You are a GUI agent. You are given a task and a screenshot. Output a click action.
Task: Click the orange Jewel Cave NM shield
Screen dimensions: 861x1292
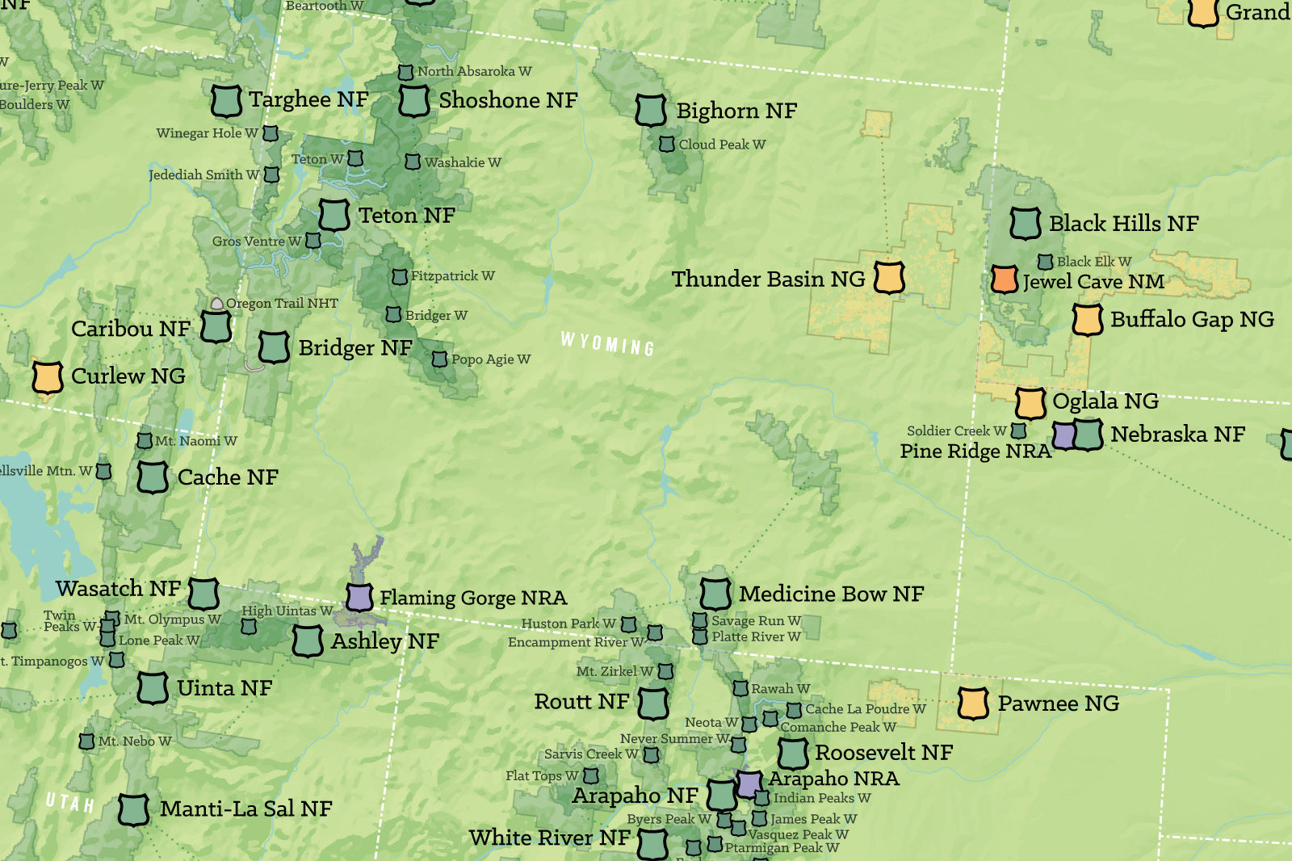[1004, 279]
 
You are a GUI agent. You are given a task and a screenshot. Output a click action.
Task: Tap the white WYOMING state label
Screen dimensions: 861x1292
[607, 343]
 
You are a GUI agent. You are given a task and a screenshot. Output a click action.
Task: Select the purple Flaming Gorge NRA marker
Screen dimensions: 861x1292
[359, 597]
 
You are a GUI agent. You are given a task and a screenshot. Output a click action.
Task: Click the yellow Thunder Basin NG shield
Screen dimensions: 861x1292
[889, 277]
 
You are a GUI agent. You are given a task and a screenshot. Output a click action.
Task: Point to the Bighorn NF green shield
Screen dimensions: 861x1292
[651, 111]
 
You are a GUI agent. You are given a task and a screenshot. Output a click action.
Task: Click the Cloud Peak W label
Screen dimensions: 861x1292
[722, 145]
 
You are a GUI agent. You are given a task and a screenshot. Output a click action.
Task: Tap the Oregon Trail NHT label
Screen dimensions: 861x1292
[282, 304]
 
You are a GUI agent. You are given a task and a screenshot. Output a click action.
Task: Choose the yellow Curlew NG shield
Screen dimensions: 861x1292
[48, 377]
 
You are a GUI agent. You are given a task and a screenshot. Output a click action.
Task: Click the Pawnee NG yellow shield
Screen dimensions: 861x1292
[973, 703]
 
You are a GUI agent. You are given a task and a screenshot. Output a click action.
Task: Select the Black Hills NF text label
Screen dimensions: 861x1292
[1123, 224]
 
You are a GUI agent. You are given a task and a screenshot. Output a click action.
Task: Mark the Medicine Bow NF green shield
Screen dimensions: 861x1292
[715, 594]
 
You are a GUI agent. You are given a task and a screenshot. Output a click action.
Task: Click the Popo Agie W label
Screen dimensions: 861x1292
[490, 359]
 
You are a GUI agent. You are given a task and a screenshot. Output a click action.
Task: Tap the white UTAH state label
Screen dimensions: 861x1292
[70, 803]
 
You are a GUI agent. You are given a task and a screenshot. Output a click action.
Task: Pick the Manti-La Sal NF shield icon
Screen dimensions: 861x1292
[134, 809]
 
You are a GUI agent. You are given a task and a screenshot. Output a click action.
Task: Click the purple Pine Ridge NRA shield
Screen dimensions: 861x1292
[1064, 435]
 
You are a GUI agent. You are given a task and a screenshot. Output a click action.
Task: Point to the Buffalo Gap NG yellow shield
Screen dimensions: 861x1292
[1087, 320]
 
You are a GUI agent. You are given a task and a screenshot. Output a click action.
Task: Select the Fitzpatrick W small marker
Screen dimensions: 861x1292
[400, 277]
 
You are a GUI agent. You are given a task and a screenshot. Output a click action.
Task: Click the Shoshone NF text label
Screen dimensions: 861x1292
[508, 101]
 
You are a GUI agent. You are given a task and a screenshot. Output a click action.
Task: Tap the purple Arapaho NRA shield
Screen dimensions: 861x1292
[749, 783]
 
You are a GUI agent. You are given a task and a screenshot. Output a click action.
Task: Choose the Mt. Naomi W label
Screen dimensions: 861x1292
[196, 441]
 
